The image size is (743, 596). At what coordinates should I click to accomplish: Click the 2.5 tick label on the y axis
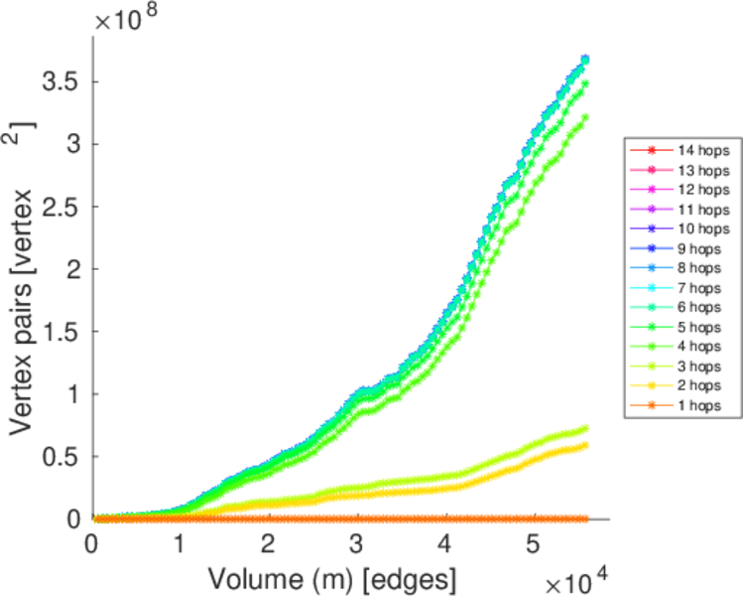(x=60, y=207)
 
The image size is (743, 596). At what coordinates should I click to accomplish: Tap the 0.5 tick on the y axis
(x=60, y=457)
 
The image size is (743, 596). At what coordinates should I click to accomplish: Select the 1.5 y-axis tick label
(x=60, y=332)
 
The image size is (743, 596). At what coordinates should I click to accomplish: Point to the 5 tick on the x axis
(x=534, y=544)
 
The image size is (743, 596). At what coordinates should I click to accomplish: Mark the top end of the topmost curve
(x=585, y=60)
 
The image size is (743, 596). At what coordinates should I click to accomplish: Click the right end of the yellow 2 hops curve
(x=585, y=444)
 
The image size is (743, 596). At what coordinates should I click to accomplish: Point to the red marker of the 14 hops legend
(x=651, y=150)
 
